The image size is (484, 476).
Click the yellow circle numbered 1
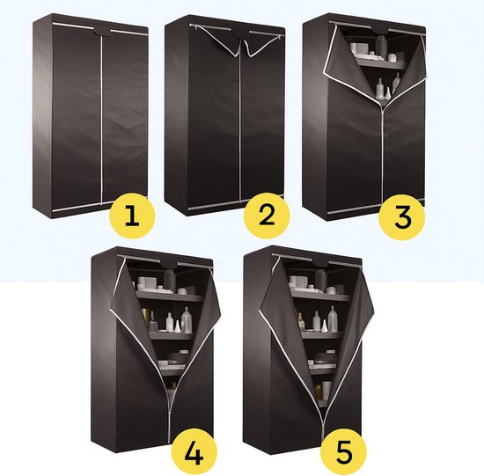tap(132, 216)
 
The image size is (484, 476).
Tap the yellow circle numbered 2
tap(267, 216)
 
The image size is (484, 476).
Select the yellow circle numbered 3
tap(402, 217)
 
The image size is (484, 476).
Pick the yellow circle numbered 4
tap(194, 452)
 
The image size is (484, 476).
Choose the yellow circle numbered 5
tap(343, 452)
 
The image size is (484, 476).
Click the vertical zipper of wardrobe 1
tap(101, 120)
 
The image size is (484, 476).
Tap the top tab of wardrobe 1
tap(101, 32)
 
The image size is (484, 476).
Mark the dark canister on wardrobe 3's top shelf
tap(382, 47)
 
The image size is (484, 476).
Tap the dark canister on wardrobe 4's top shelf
tap(170, 281)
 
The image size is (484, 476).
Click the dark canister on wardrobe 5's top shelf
tap(321, 281)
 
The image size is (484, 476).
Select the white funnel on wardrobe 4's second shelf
tap(177, 326)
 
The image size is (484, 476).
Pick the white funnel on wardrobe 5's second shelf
tap(324, 326)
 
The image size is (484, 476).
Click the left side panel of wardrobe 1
tap(42, 116)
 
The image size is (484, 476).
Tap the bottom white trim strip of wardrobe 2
tap(235, 204)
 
